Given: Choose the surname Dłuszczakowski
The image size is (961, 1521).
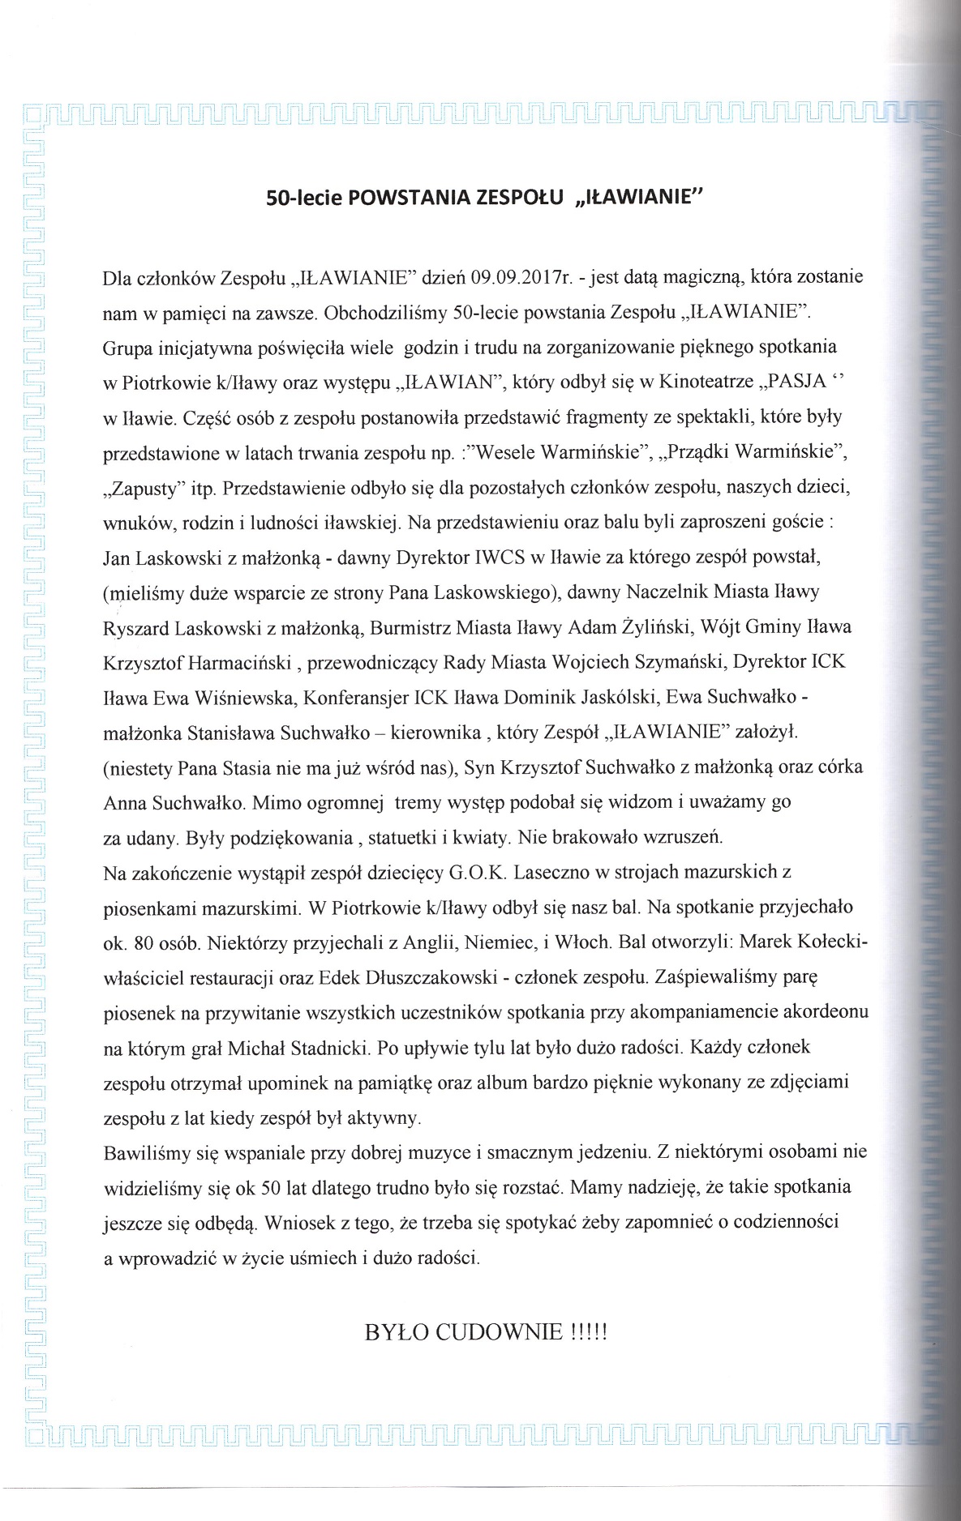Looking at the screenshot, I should click(432, 978).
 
